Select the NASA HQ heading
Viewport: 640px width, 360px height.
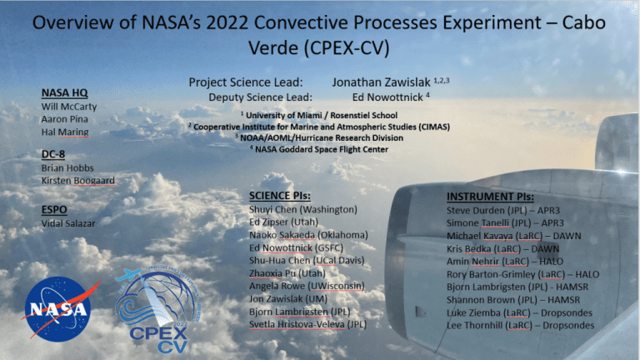pos(64,93)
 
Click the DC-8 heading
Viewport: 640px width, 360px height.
pos(53,154)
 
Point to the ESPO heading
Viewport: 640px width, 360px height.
pos(54,210)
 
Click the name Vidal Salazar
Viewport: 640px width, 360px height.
pos(68,223)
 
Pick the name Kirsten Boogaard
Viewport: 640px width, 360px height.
pos(78,180)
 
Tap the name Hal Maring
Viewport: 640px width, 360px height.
pos(65,132)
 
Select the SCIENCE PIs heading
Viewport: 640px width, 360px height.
pos(280,196)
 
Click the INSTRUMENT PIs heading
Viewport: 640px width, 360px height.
pos(490,197)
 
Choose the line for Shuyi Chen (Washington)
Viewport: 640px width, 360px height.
pos(303,210)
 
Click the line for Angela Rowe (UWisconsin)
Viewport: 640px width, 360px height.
pos(307,286)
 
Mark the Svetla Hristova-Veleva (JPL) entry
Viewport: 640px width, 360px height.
pos(307,324)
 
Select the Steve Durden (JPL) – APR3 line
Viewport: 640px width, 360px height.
pos(503,211)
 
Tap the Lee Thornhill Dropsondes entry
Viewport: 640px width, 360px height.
pos(520,326)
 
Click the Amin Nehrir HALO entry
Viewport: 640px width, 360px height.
pos(505,262)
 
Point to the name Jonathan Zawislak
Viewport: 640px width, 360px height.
pos(381,82)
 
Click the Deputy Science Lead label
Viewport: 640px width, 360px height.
pos(260,97)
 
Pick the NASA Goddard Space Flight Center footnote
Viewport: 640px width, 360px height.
pos(319,149)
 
